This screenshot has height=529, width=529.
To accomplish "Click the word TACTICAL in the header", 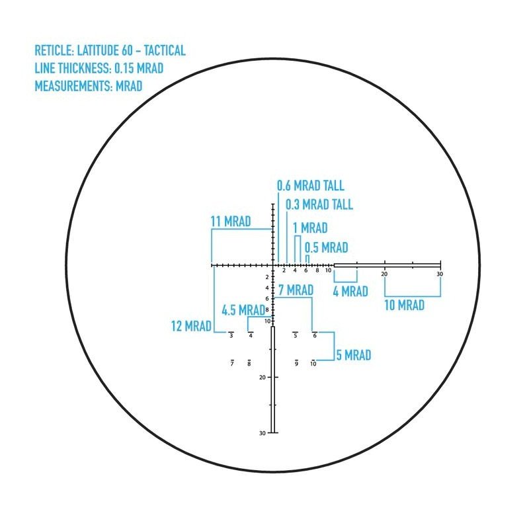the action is click(165, 51).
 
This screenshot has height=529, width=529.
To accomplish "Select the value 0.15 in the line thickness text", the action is click(124, 68).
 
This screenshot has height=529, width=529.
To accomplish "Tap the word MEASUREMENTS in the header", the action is click(73, 86).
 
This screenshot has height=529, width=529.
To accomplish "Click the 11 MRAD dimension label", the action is click(231, 222).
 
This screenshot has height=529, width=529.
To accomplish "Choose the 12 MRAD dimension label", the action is click(191, 326).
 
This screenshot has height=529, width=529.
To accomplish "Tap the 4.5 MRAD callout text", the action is click(243, 310).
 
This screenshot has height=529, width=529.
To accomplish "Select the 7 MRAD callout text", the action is click(296, 290).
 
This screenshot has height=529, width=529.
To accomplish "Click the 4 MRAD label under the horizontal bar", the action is click(350, 292).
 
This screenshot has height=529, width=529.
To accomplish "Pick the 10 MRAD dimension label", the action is click(404, 305).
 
